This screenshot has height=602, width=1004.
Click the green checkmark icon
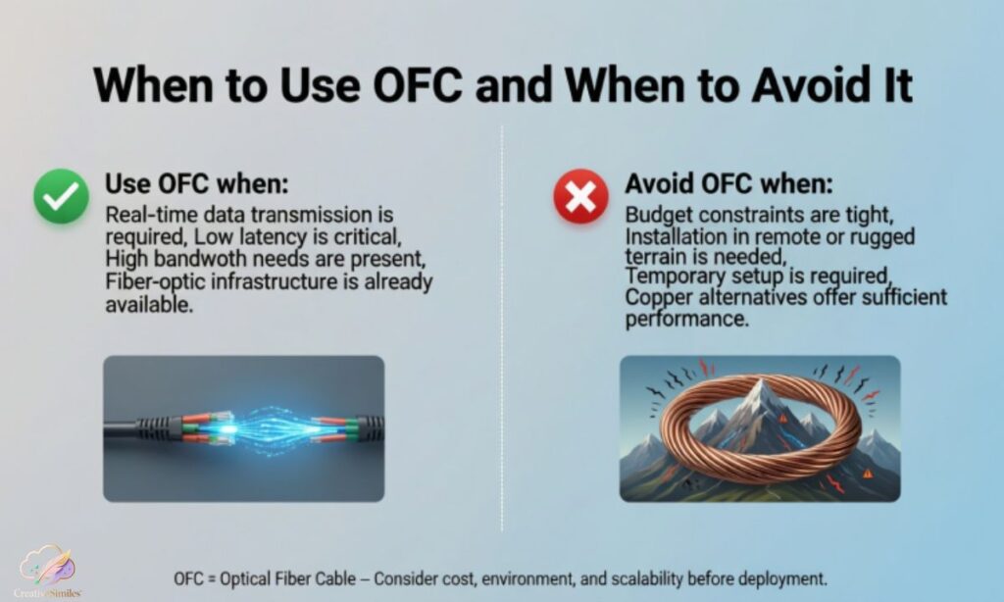pyautogui.click(x=62, y=195)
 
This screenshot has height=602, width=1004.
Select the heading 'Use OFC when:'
pyautogui.click(x=197, y=184)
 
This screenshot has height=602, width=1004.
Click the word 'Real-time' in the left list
pyautogui.click(x=147, y=215)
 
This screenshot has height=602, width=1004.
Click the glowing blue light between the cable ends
pyautogui.click(x=244, y=427)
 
